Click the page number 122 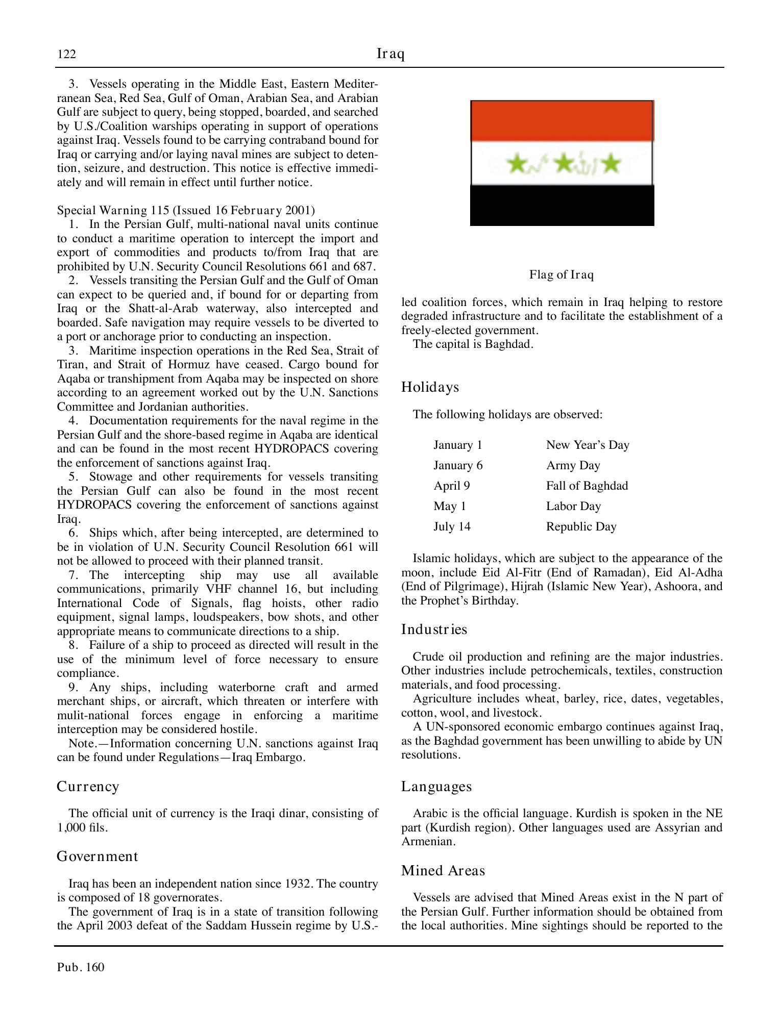click(67, 54)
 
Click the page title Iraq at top click(390, 54)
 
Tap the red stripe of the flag click(562, 121)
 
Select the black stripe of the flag click(562, 205)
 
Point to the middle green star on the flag click(564, 164)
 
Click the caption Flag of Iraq click(562, 275)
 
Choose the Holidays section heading click(430, 387)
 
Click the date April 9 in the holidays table click(452, 486)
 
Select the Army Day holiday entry click(573, 465)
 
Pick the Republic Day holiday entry click(581, 526)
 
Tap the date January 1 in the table click(458, 445)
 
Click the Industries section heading click(434, 629)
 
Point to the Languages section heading click(436, 787)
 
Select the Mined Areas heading click(443, 870)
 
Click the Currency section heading click(88, 787)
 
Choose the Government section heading click(97, 856)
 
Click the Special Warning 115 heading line click(186, 211)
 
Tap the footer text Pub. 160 click(81, 967)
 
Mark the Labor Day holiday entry click(573, 506)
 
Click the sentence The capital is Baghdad click(473, 344)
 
